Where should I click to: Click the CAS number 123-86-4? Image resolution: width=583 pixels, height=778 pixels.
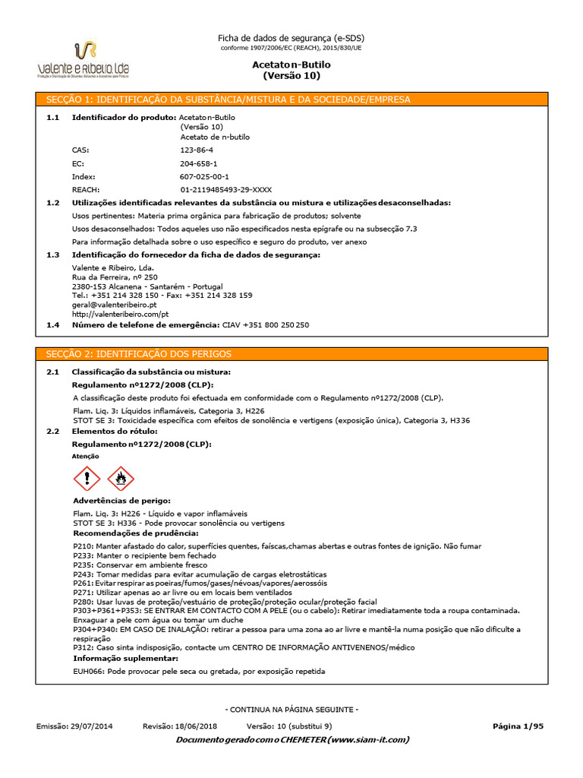point(197,150)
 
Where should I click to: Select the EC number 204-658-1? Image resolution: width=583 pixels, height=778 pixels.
point(198,163)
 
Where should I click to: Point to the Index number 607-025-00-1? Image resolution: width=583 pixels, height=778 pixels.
point(203,176)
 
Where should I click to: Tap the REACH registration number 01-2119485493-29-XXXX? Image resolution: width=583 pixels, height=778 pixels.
point(225,189)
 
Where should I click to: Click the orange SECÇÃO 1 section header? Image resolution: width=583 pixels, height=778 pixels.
point(291,100)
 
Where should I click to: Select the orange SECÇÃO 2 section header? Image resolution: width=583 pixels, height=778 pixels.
point(291,355)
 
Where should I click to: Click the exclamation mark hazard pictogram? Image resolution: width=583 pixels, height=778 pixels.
point(86,479)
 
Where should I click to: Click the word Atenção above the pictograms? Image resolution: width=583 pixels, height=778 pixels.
point(85,457)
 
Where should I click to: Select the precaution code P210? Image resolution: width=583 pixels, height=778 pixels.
point(82,546)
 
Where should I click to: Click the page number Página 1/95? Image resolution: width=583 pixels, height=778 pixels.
point(518,726)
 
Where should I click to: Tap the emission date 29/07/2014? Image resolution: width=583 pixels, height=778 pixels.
point(93,726)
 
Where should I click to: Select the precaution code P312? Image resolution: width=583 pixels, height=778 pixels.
point(82,647)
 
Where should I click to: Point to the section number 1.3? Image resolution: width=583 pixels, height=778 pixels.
point(52,255)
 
